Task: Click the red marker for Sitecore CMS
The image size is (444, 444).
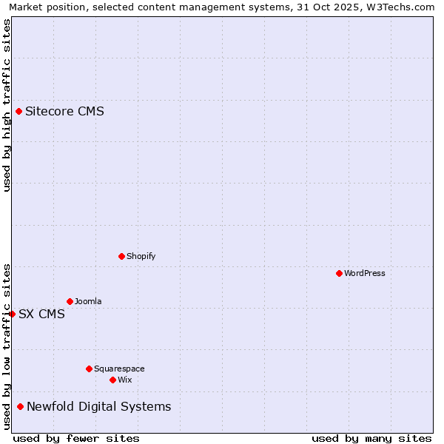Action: pos(18,112)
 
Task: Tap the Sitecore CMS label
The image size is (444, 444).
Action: pos(64,112)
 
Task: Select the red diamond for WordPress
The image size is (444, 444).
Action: pos(339,273)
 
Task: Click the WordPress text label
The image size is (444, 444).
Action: pos(365,273)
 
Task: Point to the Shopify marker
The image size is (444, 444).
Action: pos(121,256)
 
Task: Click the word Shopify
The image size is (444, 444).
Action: pos(141,256)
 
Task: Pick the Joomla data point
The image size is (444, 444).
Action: pos(70,301)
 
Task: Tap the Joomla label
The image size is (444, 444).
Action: pos(88,301)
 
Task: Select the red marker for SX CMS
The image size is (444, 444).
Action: pos(12,314)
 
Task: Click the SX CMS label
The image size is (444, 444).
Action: pos(41,314)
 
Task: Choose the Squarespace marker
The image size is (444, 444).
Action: pos(89,369)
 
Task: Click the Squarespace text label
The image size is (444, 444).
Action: pos(119,369)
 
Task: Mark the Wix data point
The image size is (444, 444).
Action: pos(112,380)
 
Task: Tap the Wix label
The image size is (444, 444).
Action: pos(125,380)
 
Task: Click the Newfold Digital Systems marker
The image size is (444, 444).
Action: pos(20,406)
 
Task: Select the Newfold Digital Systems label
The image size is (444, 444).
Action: pos(98,406)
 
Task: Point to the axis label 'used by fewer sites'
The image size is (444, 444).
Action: pos(76,438)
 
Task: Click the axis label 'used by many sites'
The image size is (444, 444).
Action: pos(371,438)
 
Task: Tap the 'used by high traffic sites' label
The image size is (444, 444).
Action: pos(7,105)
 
